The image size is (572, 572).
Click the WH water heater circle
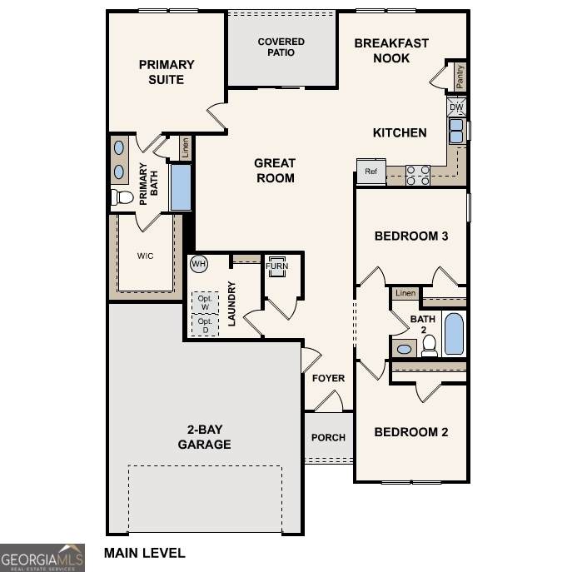[x=199, y=263]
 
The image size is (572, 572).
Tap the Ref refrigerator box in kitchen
[x=371, y=171]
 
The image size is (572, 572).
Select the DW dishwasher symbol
[x=456, y=107]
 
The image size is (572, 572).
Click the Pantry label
[x=460, y=77]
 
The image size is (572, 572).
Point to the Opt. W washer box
[x=205, y=302]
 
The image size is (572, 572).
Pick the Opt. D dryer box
[x=205, y=325]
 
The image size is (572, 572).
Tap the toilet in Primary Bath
[x=122, y=197]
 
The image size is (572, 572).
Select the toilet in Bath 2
[x=430, y=346]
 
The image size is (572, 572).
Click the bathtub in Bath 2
[x=454, y=334]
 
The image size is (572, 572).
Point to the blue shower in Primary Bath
[x=181, y=187]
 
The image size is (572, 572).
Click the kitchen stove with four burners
[x=418, y=176]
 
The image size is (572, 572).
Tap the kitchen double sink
[x=456, y=131]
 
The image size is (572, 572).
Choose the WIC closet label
[x=145, y=256]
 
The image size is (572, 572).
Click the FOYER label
[x=328, y=378]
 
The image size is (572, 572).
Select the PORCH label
[x=328, y=437]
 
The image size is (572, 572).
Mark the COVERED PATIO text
[x=281, y=47]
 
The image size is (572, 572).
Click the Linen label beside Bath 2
[x=405, y=293]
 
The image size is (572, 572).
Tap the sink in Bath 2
[x=404, y=349]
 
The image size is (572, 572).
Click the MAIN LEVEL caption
[x=145, y=553]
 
